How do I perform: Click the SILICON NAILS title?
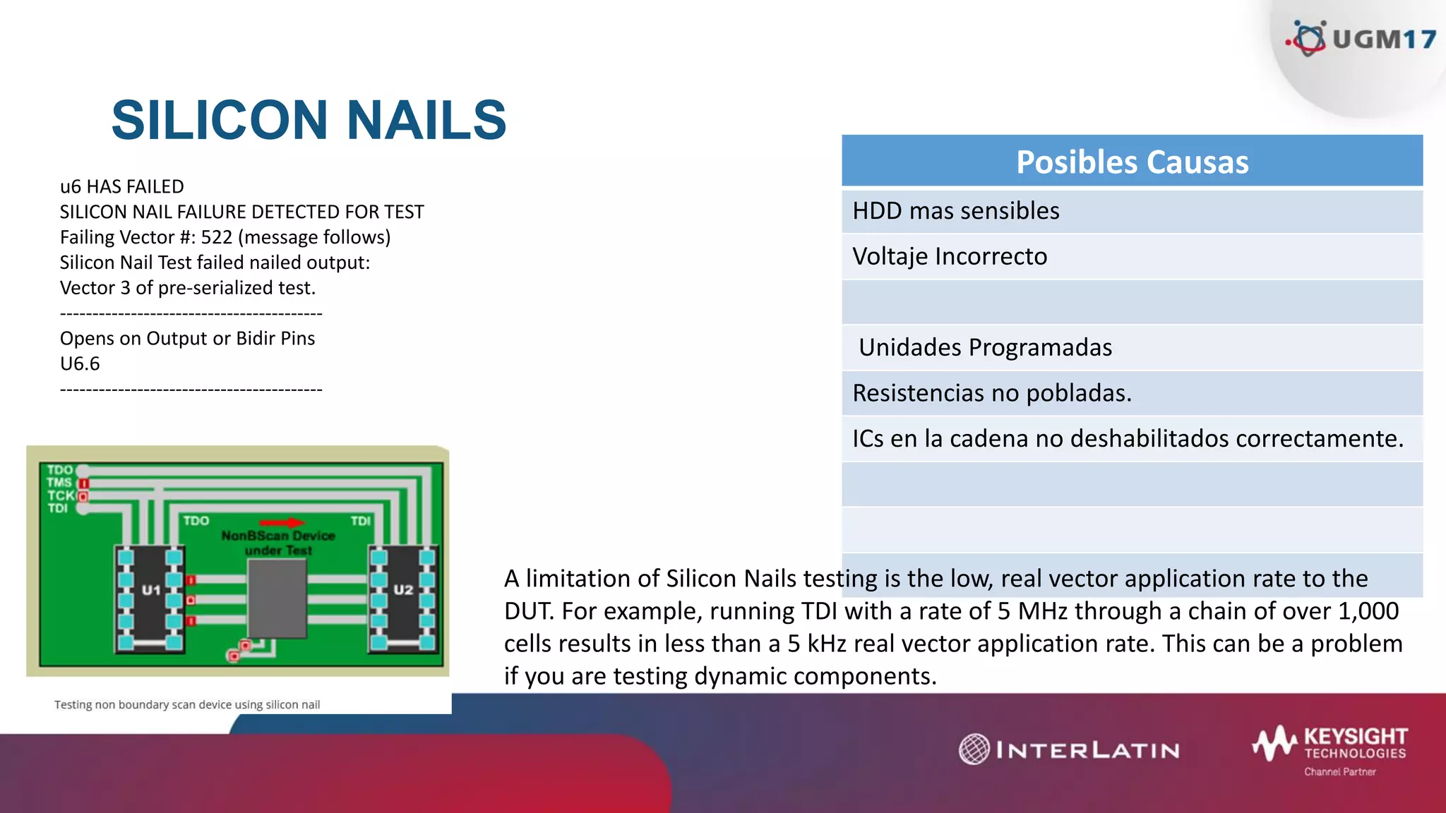click(309, 120)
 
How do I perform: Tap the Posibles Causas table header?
click(1132, 162)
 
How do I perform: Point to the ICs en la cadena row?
click(1128, 438)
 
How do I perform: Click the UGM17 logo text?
click(1383, 39)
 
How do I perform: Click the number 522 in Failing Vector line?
click(216, 237)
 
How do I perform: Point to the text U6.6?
click(80, 364)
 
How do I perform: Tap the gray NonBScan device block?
click(277, 598)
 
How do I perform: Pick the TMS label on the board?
click(59, 483)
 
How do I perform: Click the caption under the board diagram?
click(187, 704)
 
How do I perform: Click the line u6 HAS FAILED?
click(122, 187)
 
